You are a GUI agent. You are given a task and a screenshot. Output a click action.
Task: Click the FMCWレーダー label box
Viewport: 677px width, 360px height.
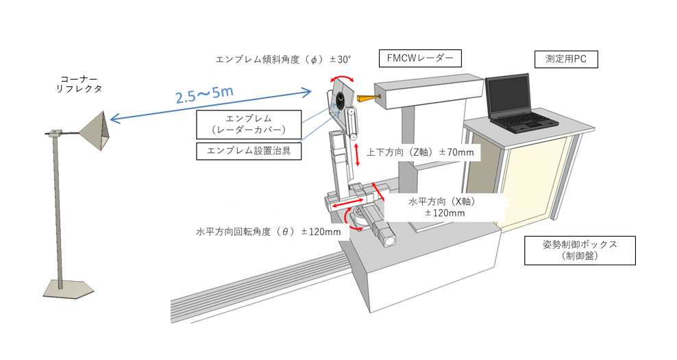tap(420, 58)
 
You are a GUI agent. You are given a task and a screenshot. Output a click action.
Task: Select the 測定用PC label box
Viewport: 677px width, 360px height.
tap(566, 59)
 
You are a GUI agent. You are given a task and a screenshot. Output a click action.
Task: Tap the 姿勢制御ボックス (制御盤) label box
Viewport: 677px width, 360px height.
tap(580, 250)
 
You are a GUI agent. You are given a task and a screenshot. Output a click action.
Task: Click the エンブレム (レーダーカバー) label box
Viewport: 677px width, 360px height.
tap(249, 124)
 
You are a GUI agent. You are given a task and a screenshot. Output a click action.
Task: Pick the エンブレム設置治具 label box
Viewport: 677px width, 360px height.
tap(249, 151)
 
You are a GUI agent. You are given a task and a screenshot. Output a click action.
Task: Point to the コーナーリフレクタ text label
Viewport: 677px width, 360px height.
tap(79, 84)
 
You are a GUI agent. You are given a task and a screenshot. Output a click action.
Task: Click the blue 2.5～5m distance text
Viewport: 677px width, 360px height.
tap(205, 95)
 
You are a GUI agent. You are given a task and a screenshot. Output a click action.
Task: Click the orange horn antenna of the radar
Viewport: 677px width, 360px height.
tap(367, 99)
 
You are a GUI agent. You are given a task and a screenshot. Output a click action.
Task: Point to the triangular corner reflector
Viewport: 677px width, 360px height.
tap(97, 130)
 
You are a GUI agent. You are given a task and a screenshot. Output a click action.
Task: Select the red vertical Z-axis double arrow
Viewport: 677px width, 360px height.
tap(357, 155)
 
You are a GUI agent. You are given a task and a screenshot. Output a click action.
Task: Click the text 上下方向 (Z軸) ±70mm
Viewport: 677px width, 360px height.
tap(420, 152)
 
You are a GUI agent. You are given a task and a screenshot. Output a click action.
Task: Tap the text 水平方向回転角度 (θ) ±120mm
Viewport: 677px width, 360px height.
tap(269, 232)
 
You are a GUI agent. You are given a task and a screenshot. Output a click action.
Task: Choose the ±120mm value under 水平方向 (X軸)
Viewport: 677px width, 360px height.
tap(445, 213)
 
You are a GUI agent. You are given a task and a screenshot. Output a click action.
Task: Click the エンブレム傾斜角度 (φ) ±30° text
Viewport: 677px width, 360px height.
tap(283, 60)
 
